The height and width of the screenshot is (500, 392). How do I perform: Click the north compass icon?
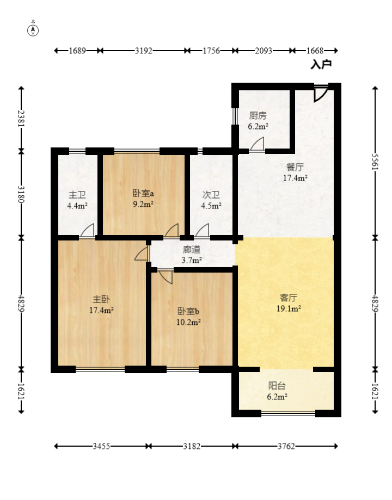(x=33, y=30)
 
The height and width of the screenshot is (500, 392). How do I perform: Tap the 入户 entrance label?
(x=321, y=64)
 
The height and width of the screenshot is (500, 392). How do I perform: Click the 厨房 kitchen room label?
(x=258, y=115)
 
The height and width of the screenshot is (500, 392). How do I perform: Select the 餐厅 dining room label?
(x=295, y=167)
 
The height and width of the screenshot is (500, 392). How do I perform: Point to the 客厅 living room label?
(x=288, y=298)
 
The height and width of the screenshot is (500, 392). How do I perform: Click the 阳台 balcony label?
(x=277, y=386)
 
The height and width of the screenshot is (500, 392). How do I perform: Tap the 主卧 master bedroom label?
(x=101, y=299)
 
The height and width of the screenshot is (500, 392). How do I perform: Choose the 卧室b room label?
(x=188, y=311)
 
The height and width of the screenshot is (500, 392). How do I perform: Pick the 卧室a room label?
(x=143, y=193)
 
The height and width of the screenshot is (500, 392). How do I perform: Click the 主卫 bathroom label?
(x=77, y=195)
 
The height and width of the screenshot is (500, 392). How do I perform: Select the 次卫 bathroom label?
(x=211, y=195)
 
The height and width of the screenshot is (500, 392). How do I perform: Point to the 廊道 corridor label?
(x=192, y=249)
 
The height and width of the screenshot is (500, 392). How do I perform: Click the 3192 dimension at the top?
(x=143, y=51)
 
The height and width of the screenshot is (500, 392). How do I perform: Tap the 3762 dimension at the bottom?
(x=286, y=446)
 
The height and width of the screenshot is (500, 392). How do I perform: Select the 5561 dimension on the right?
(x=375, y=162)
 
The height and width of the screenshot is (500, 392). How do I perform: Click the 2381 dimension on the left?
(x=21, y=118)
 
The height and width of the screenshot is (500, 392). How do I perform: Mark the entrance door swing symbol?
(x=321, y=94)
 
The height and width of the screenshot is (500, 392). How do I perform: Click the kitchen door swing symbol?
(x=257, y=144)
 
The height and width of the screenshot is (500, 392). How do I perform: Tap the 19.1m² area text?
(x=289, y=308)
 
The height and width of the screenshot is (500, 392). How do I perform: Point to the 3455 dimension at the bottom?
(x=101, y=446)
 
